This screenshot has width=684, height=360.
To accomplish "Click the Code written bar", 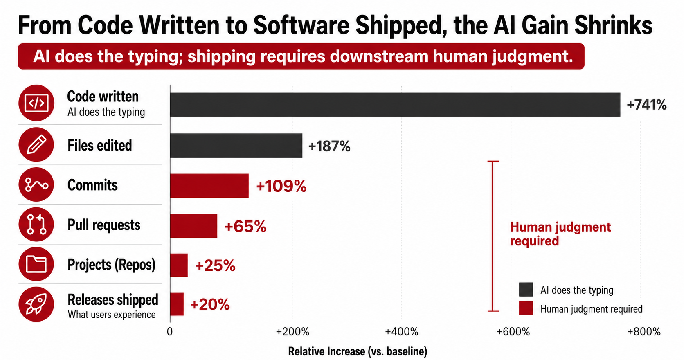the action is click(395, 105).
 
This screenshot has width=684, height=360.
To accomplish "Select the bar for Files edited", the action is click(236, 146).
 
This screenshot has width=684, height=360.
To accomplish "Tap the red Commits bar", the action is click(209, 186).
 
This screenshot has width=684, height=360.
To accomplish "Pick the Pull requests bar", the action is click(193, 226).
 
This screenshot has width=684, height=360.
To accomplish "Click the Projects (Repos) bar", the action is click(179, 265).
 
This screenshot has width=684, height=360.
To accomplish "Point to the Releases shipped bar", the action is click(177, 304).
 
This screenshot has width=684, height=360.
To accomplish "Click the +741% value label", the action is click(646, 105).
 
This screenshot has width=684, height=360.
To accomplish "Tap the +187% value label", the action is click(329, 146).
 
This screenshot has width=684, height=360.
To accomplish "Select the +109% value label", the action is click(281, 186).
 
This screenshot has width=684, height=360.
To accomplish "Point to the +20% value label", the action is click(210, 304).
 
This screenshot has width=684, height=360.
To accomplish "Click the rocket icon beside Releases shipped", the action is click(36, 304).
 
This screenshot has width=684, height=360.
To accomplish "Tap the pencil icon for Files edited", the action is click(36, 144).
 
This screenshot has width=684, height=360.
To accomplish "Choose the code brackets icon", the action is click(36, 103).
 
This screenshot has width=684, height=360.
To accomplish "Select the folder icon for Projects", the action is click(36, 264).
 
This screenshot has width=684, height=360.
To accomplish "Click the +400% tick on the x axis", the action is click(402, 332).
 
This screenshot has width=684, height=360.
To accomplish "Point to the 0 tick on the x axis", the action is click(170, 332).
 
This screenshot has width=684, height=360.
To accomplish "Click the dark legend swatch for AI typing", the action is click(526, 290).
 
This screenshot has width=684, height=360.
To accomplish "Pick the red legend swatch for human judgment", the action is click(526, 308).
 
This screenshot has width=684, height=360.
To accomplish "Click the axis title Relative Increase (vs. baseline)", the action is click(358, 351).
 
